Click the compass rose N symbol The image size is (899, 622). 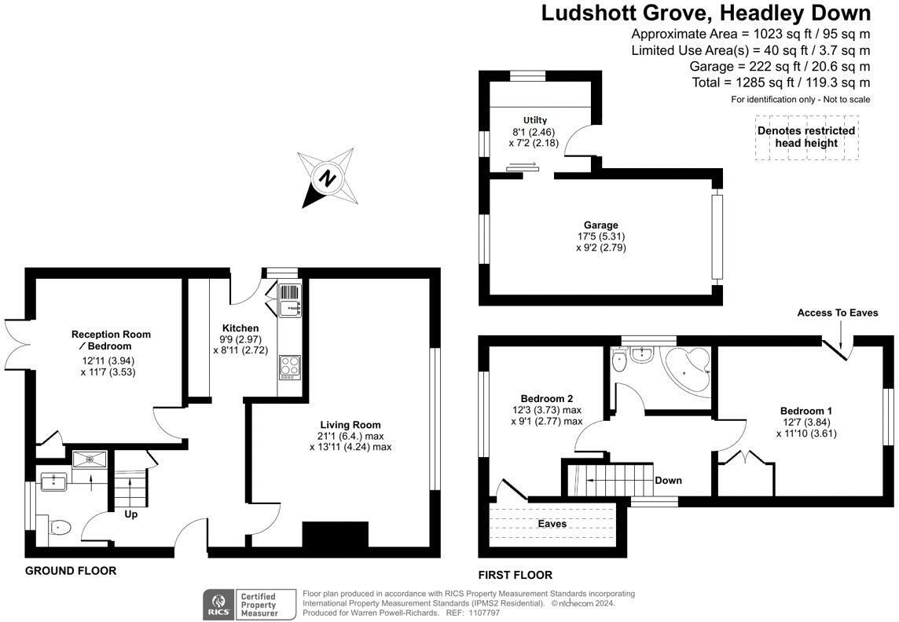pos(328,178)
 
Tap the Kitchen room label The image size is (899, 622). pos(240,328)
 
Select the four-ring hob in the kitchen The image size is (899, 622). pos(289,367)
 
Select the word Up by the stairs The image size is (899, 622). pos(130,515)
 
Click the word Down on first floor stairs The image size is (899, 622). pos(668,480)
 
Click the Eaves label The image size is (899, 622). pos(552,524)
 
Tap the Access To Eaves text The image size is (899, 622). pos(838,313)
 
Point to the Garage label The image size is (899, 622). pos(600,225)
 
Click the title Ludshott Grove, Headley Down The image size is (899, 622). pos(706,13)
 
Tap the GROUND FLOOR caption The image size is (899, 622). pos(71,571)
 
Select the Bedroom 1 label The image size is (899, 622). pos(805,411)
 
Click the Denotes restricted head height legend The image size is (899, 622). pos(806,137)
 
